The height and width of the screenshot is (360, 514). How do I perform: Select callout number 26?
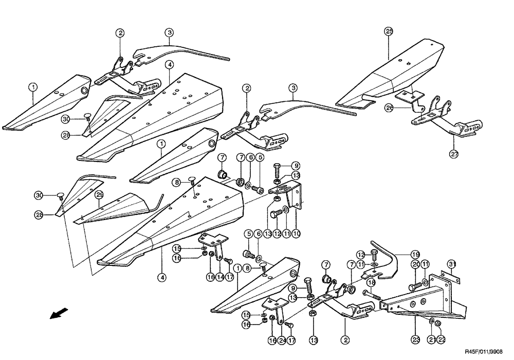click(x=388, y=108)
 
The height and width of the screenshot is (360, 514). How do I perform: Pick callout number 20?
click(x=416, y=264)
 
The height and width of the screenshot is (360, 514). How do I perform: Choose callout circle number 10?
click(x=296, y=233)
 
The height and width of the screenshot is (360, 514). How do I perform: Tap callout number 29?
click(x=99, y=194)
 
